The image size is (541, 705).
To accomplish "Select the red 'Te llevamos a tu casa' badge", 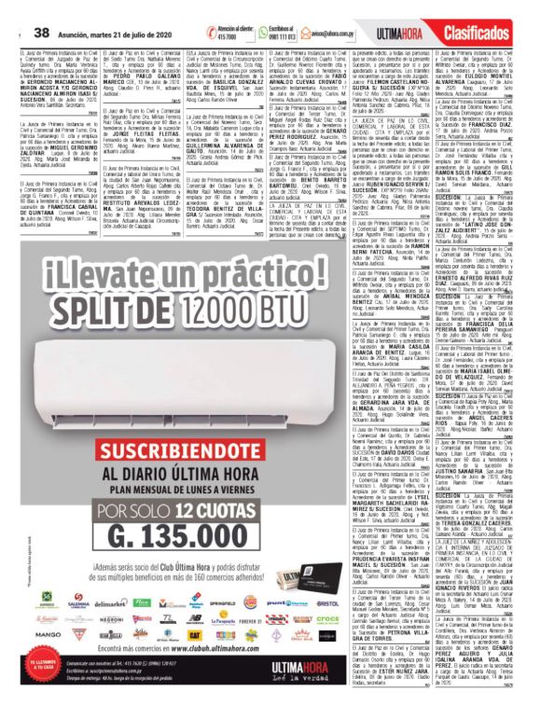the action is pos(38,670).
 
